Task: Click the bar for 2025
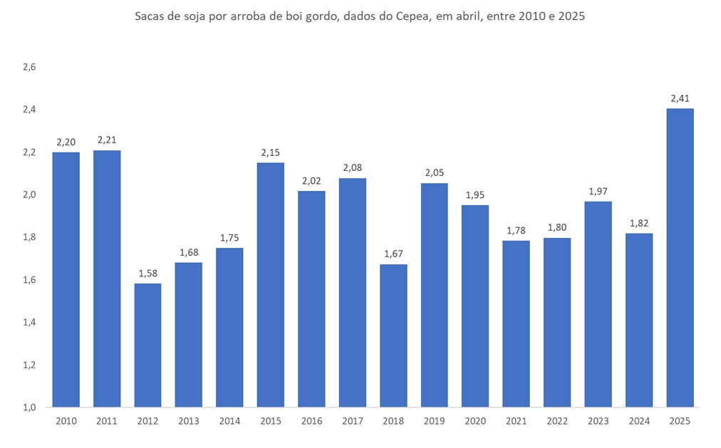point(680,258)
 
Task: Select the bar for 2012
point(147,345)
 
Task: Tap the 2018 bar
point(393,335)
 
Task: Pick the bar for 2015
point(271,285)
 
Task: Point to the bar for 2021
point(517,324)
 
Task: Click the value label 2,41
point(680,98)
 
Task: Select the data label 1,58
point(147,274)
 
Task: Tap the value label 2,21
point(107,140)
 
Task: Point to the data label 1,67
point(393,254)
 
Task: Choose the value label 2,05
point(435,173)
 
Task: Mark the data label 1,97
point(598,191)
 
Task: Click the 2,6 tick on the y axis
point(29,67)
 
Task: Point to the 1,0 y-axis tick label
point(29,407)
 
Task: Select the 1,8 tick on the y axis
point(29,237)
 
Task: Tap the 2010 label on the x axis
point(66,422)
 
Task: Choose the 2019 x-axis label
point(435,422)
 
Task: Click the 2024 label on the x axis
point(639,422)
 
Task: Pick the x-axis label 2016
point(311,422)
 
